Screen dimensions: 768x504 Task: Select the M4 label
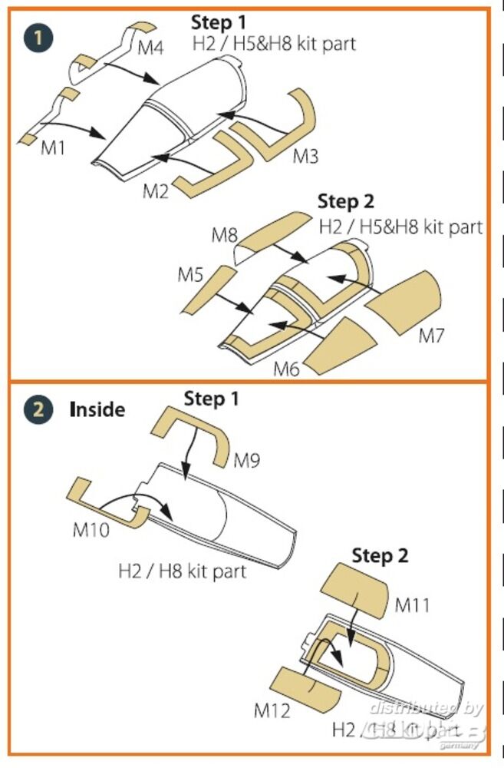(151, 48)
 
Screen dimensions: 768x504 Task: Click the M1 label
(53, 147)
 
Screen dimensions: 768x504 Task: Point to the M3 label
(305, 157)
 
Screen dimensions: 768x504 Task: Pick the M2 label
(155, 191)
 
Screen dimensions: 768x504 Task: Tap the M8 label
(225, 235)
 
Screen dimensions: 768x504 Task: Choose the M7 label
(431, 336)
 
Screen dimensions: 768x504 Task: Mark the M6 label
(286, 369)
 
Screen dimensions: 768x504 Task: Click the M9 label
(247, 461)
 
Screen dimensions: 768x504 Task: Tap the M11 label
(412, 605)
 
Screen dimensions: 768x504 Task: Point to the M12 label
(272, 710)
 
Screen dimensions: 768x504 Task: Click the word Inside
(97, 409)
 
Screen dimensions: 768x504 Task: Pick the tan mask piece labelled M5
(206, 290)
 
